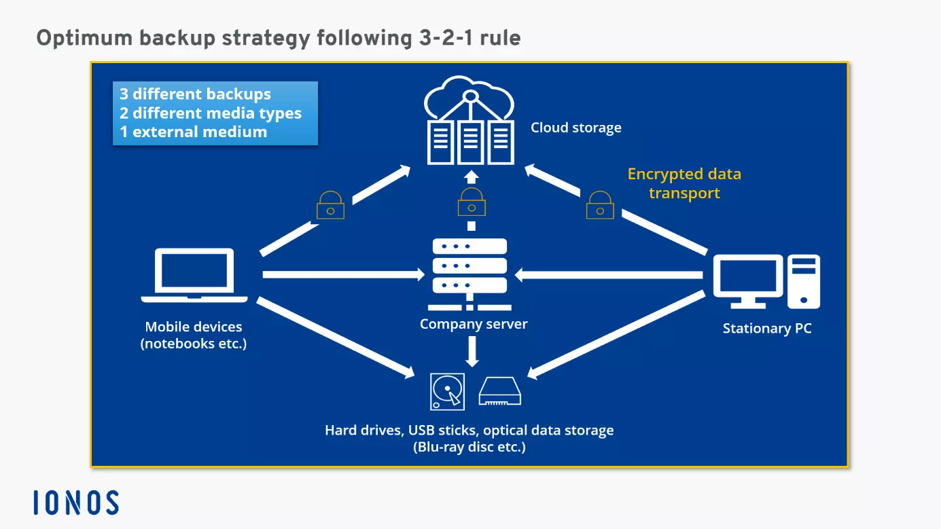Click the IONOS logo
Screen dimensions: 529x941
click(x=76, y=503)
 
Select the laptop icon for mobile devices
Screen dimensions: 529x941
click(x=194, y=275)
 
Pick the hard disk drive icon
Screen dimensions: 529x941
click(x=448, y=392)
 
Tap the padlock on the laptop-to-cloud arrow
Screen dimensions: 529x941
click(x=331, y=205)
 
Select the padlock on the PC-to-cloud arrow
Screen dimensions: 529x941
click(x=601, y=205)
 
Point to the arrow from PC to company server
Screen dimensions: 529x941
click(x=608, y=275)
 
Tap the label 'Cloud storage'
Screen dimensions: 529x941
click(x=576, y=128)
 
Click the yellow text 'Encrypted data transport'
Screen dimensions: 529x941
click(x=684, y=183)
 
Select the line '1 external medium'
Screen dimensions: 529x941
click(x=193, y=132)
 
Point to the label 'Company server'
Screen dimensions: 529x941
click(x=474, y=324)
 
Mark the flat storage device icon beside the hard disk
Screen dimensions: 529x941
click(x=500, y=392)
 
